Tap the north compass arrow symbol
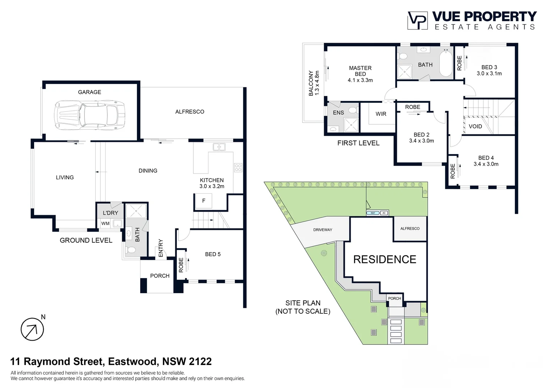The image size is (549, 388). point(32,329)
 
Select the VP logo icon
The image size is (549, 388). point(417,20)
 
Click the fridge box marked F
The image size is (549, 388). point(203,201)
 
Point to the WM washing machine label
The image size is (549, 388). point(105,223)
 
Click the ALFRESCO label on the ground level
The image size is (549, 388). point(190,112)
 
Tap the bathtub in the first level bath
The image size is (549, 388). point(446,63)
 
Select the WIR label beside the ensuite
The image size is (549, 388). point(381,114)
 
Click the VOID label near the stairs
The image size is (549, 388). point(475,126)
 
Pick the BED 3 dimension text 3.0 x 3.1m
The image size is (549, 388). point(489,74)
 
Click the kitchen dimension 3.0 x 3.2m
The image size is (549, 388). point(212,186)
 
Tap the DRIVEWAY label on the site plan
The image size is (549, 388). point(323,230)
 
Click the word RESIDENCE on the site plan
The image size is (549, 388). point(384,259)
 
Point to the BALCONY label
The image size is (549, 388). point(311,83)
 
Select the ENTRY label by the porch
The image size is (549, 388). point(161,248)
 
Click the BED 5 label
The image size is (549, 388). point(213,254)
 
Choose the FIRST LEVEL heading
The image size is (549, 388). point(358,143)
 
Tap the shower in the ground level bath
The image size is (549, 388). point(136,211)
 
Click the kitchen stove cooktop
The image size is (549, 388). point(238,167)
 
